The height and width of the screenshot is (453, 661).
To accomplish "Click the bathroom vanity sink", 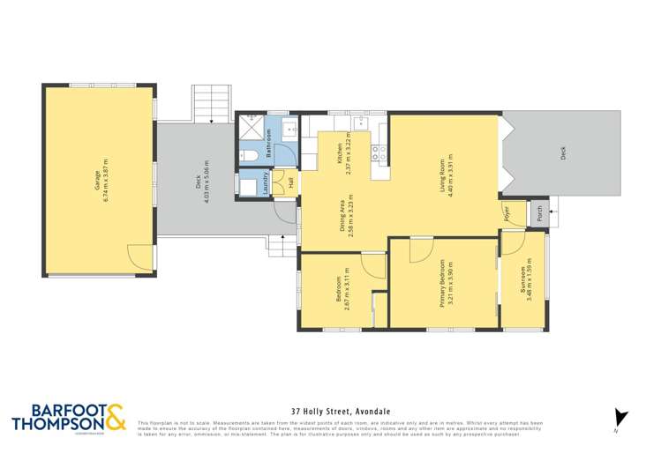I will click(x=289, y=131).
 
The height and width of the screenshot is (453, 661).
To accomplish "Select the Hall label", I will click(x=290, y=183).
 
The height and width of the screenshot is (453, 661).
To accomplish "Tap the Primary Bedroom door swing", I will click(x=420, y=249).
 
